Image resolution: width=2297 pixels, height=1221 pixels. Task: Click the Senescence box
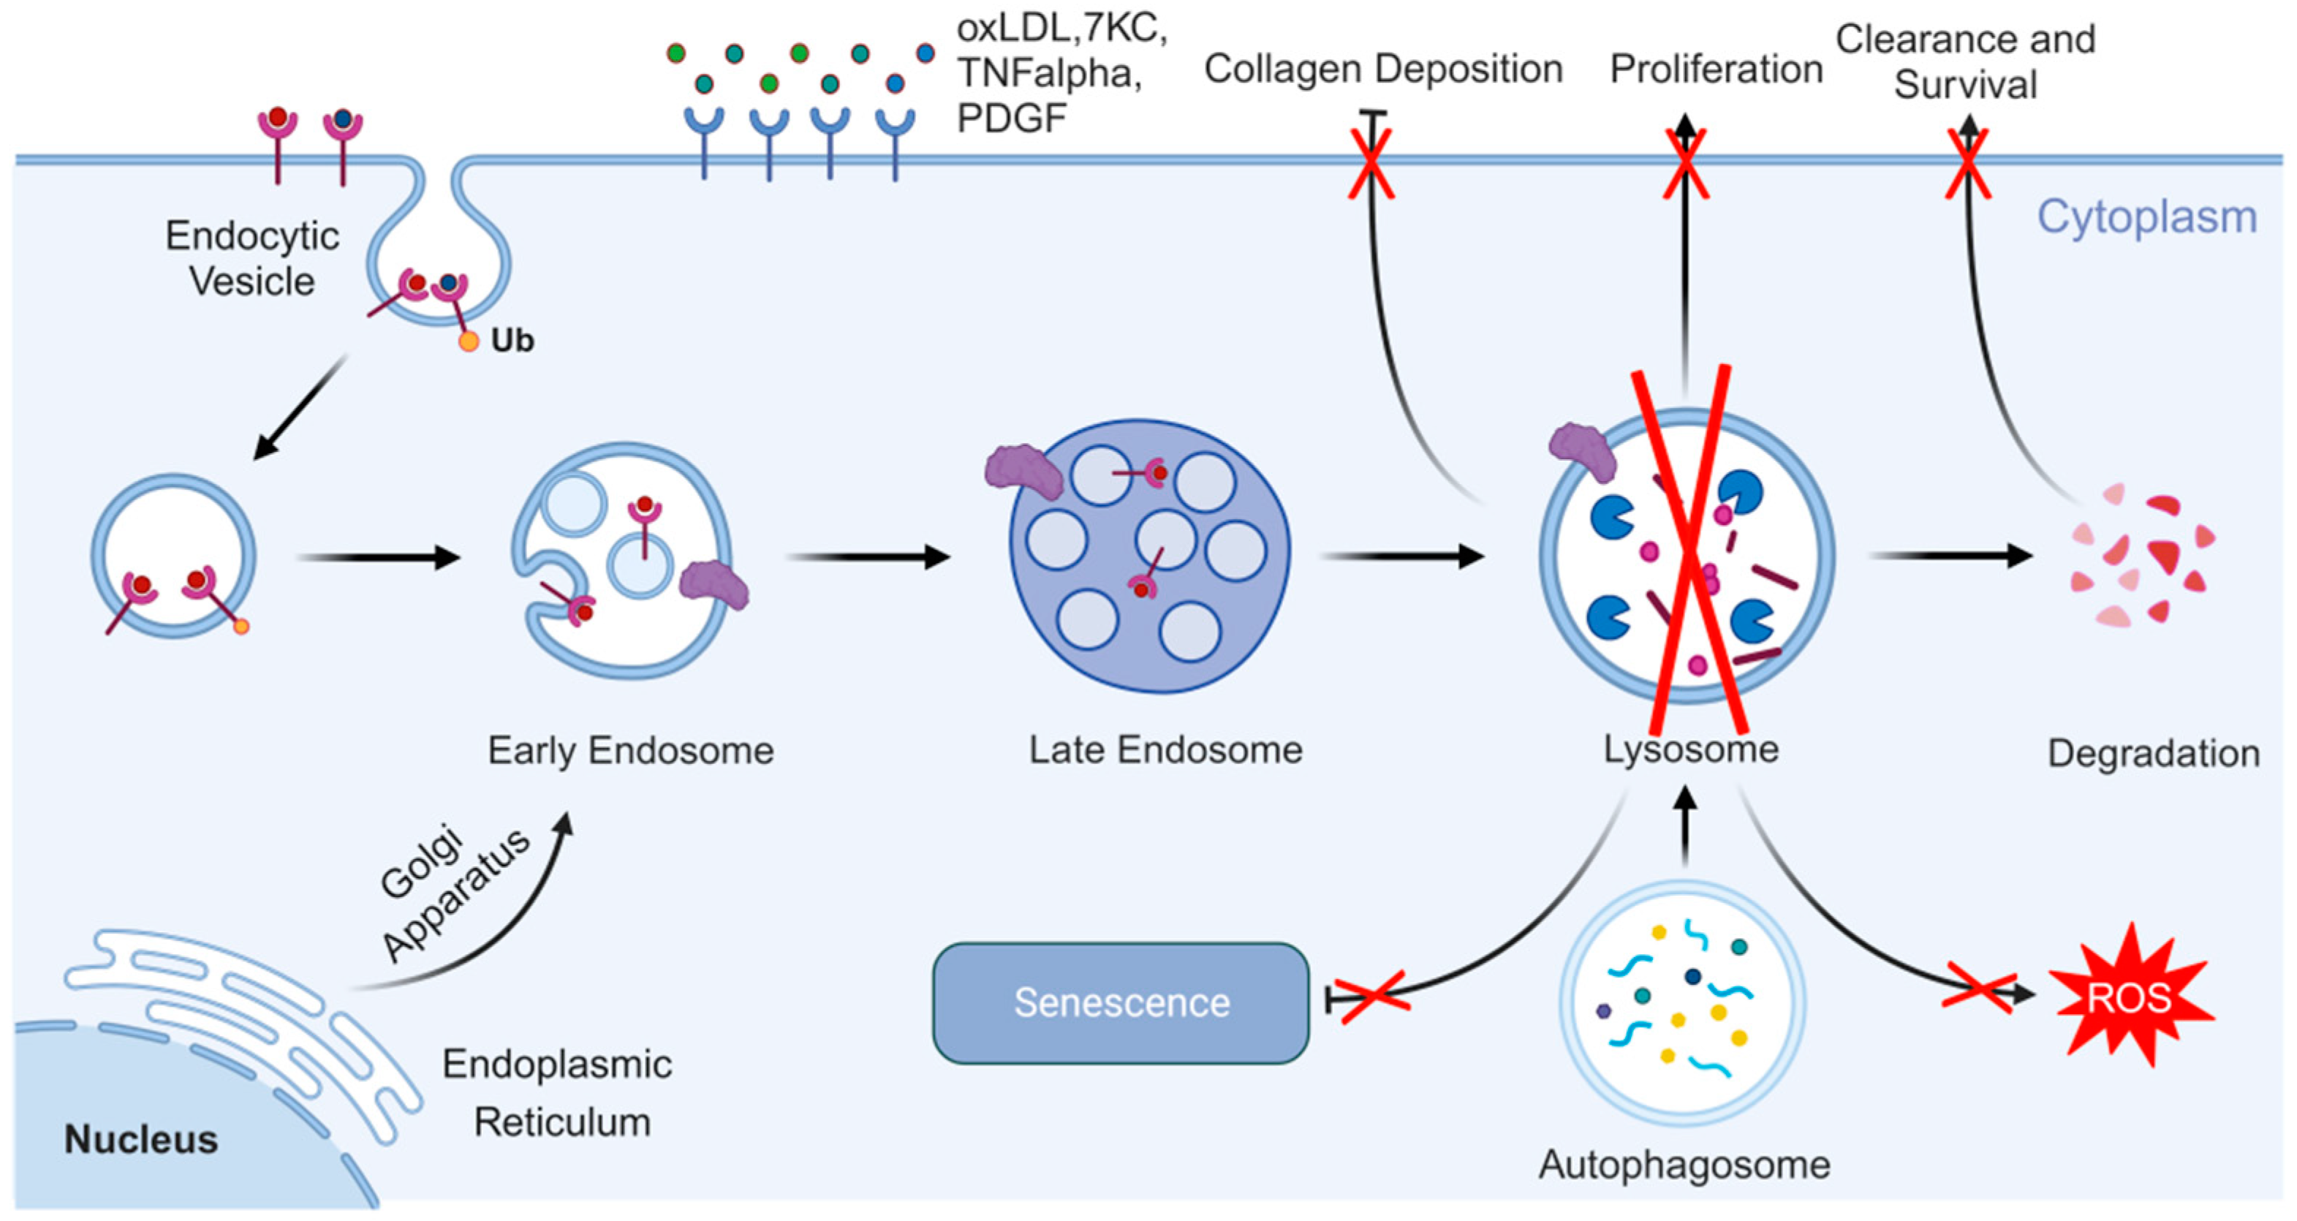click(1120, 1002)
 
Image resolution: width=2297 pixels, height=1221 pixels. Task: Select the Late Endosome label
click(1165, 749)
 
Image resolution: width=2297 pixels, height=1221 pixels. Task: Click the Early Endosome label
click(630, 750)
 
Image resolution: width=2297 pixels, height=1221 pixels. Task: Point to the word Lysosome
click(1691, 748)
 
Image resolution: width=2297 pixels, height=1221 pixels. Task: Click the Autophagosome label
click(1684, 1164)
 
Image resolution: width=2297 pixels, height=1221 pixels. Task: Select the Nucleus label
click(141, 1139)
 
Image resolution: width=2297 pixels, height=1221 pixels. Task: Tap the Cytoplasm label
click(2146, 216)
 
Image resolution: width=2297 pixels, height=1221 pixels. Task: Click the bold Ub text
click(512, 340)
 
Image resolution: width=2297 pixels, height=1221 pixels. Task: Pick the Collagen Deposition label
click(1383, 69)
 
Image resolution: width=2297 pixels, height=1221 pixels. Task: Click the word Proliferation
click(1716, 69)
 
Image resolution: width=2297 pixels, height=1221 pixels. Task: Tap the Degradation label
click(2152, 753)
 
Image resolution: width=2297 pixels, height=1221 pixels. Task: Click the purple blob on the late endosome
click(1023, 471)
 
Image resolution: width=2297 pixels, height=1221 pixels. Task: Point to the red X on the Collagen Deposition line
click(1371, 164)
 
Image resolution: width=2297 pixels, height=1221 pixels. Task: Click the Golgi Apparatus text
click(453, 892)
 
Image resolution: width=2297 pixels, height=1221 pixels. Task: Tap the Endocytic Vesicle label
click(252, 259)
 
